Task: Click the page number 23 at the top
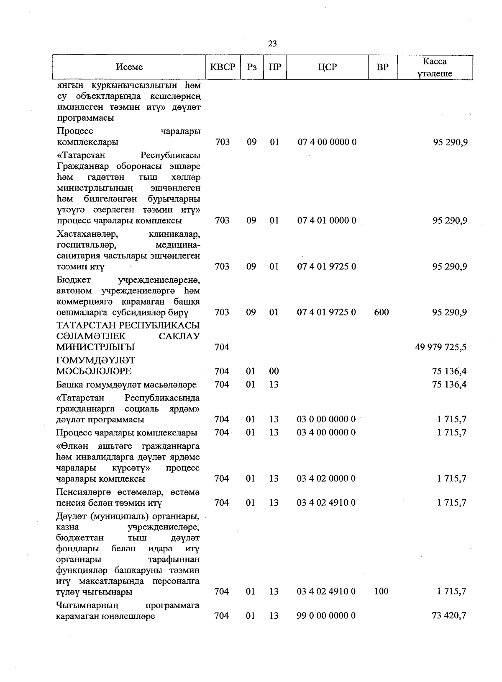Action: click(x=272, y=44)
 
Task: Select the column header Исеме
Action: click(x=129, y=67)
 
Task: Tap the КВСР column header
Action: click(x=223, y=67)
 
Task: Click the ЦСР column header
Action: click(x=327, y=67)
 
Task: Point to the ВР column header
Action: click(x=382, y=67)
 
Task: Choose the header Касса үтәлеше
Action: click(x=435, y=67)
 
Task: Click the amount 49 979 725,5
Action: click(x=441, y=347)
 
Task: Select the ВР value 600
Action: click(x=382, y=313)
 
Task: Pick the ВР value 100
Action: click(x=382, y=592)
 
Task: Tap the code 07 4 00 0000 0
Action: click(x=327, y=142)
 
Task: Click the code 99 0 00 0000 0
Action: click(x=326, y=616)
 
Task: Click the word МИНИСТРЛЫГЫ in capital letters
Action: click(x=96, y=347)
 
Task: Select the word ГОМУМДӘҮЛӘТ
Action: click(x=96, y=360)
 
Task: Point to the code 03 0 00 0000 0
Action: click(x=326, y=419)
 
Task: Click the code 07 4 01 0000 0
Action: click(x=327, y=221)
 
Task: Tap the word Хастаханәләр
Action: click(x=87, y=234)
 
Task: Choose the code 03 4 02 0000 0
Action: click(x=326, y=478)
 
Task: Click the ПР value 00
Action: click(x=274, y=371)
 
